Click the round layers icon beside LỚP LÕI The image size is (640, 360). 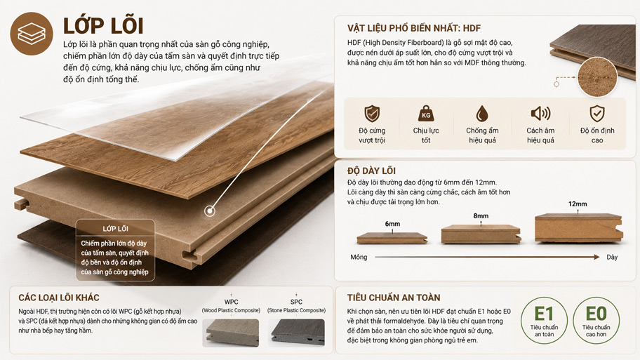[x=32, y=34]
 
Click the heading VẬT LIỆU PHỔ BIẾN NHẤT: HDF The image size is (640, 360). [x=414, y=28]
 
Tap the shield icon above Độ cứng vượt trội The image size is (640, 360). [x=372, y=114]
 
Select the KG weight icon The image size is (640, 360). [x=426, y=114]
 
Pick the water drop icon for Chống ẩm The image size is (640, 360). [x=482, y=114]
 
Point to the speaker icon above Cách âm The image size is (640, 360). [x=540, y=113]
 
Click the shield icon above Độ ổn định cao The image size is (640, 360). [x=597, y=114]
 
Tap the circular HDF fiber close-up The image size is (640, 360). [x=598, y=77]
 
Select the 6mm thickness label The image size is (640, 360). [x=392, y=224]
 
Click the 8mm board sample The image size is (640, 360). [x=481, y=234]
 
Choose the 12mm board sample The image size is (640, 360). [x=579, y=227]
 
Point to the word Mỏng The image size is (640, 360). [x=359, y=257]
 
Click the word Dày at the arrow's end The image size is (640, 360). [x=612, y=257]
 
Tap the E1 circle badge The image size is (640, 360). [x=544, y=321]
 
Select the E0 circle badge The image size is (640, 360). [x=596, y=321]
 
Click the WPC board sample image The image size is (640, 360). [x=231, y=333]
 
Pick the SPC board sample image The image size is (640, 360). [x=296, y=333]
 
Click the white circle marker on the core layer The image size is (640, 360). [x=210, y=211]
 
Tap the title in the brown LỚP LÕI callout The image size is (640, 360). [x=115, y=229]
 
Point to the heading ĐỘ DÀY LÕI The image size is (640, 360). [x=371, y=171]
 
